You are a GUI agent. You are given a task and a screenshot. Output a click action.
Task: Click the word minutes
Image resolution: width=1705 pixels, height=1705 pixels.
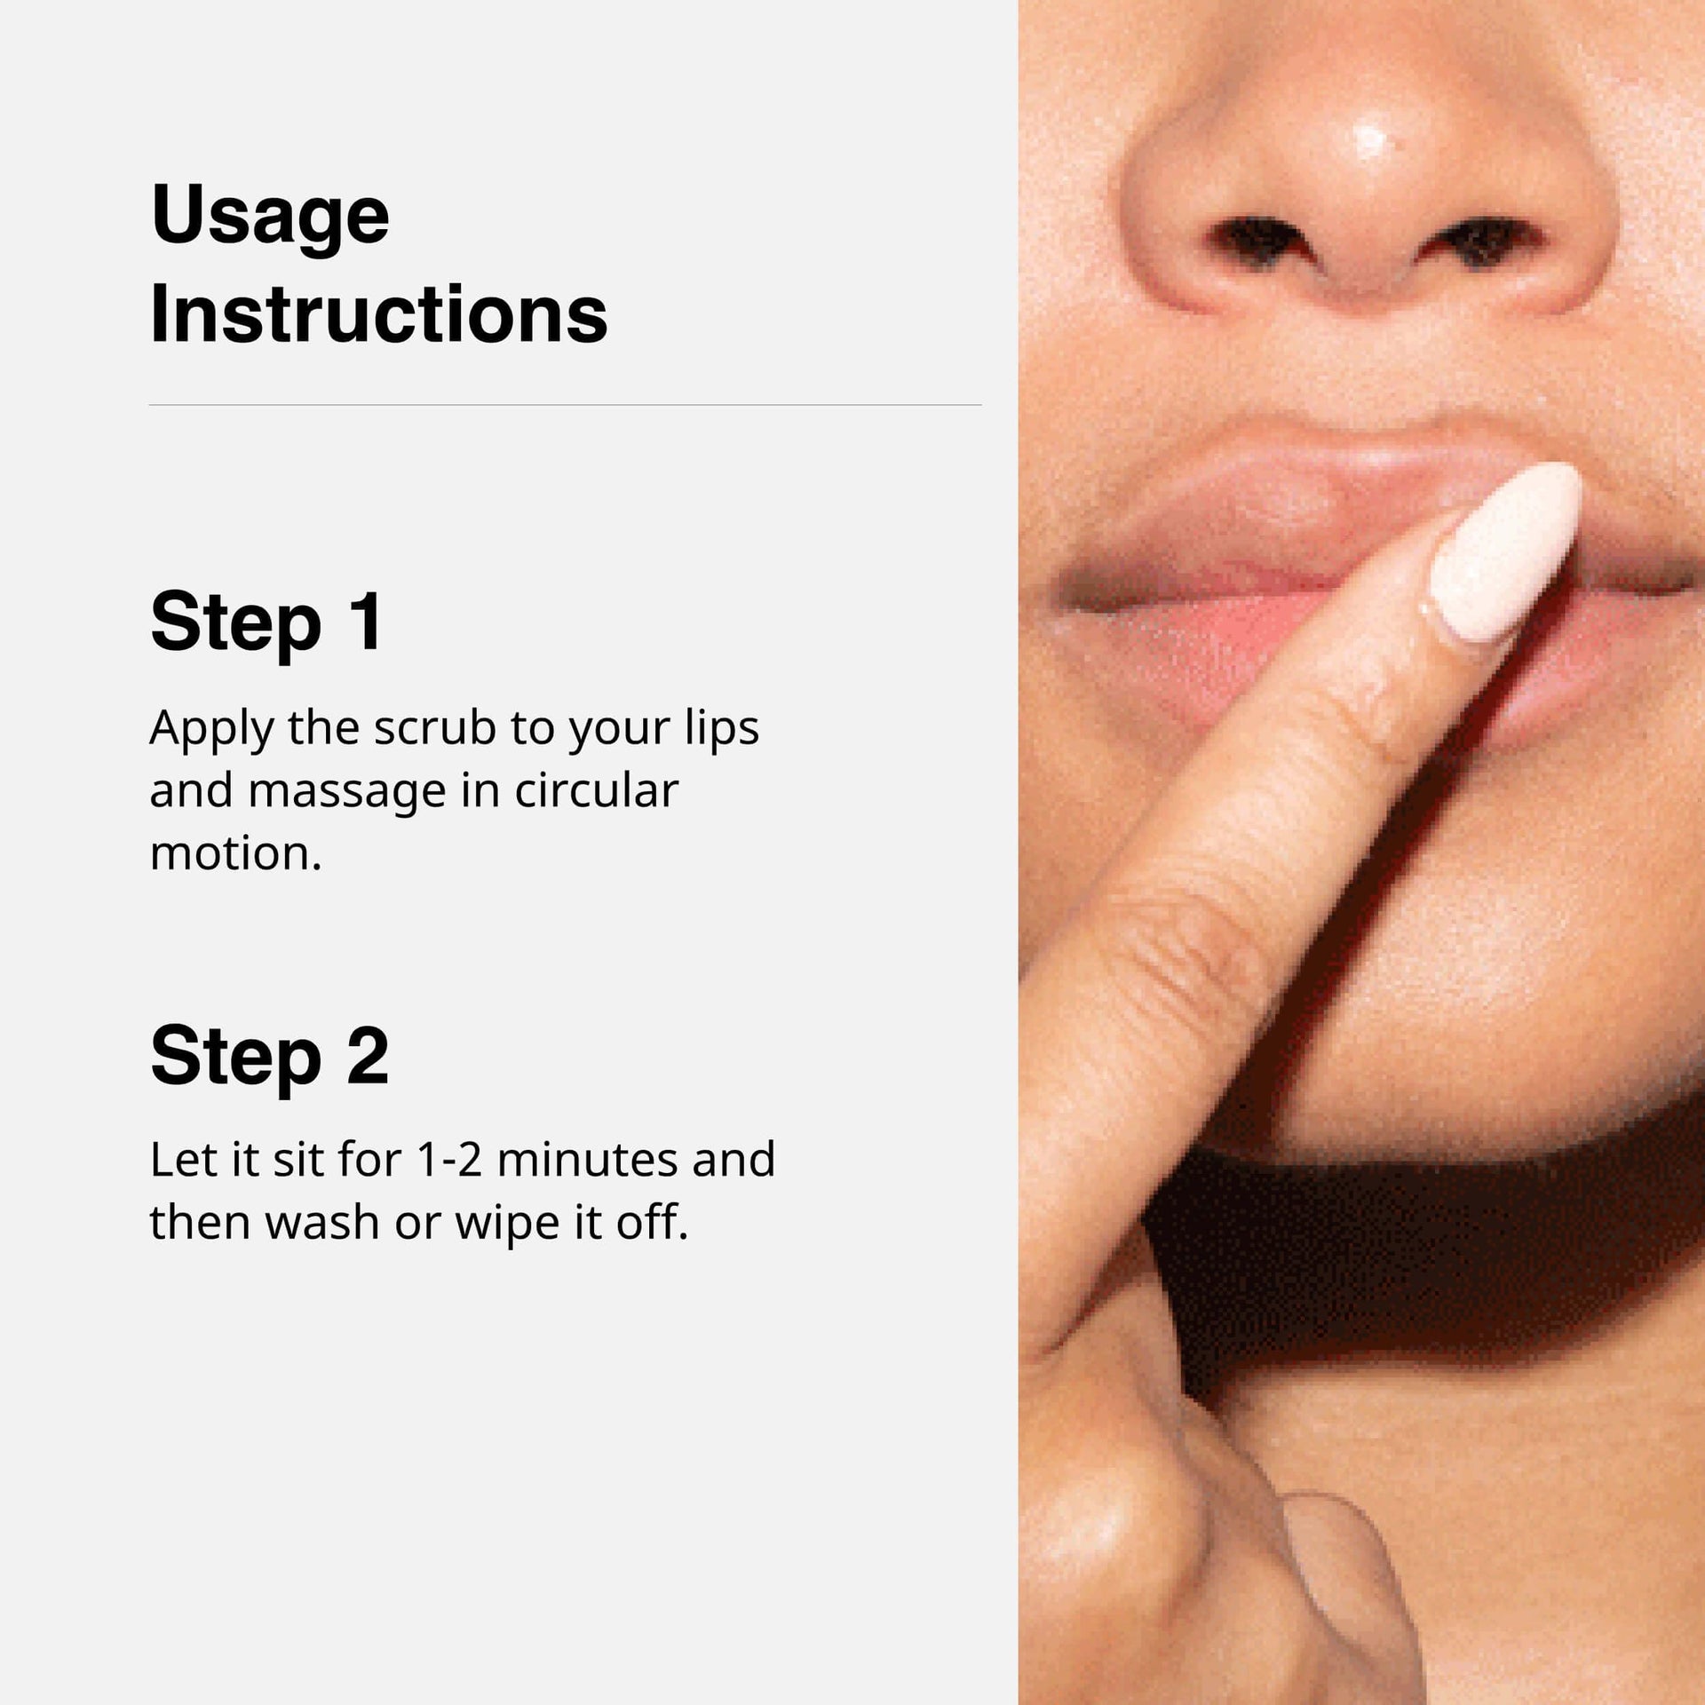(x=587, y=1159)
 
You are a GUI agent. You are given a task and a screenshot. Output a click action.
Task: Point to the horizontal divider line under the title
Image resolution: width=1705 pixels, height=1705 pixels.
(x=565, y=405)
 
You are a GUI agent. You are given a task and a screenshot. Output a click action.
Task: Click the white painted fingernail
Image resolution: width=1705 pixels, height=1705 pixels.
(x=1507, y=551)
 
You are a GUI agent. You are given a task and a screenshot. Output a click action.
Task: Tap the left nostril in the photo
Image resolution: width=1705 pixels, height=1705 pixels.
(x=1254, y=239)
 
